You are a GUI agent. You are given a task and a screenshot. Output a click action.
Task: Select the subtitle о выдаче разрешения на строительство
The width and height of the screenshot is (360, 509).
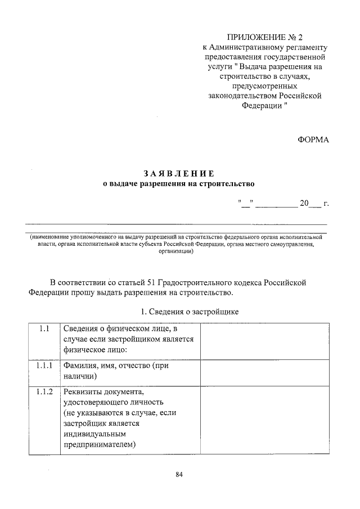tap(179, 183)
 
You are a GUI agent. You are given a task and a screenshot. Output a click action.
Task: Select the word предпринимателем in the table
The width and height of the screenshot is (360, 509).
tap(100, 445)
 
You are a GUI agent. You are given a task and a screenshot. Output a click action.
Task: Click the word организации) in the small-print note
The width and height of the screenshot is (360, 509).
tap(176, 252)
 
